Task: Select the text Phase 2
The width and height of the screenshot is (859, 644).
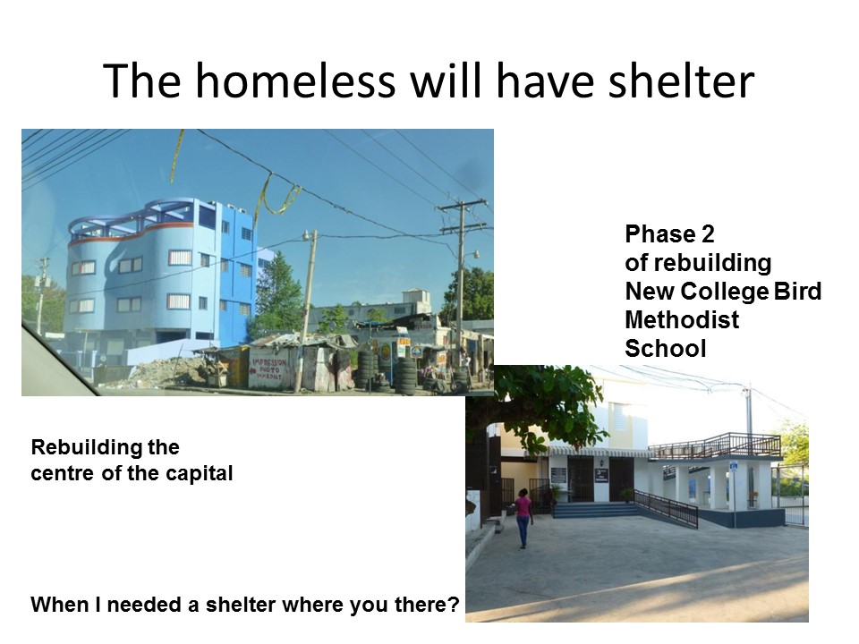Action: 669,234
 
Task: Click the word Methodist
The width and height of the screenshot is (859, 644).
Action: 682,320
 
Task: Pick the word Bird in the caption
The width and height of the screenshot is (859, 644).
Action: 797,292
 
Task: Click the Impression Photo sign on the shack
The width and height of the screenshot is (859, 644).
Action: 269,370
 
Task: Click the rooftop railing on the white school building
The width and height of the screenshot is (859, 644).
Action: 715,445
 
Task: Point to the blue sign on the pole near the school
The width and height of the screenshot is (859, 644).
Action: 734,467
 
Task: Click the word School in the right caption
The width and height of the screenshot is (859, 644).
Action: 666,349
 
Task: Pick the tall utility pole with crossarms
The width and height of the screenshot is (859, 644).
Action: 461,290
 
